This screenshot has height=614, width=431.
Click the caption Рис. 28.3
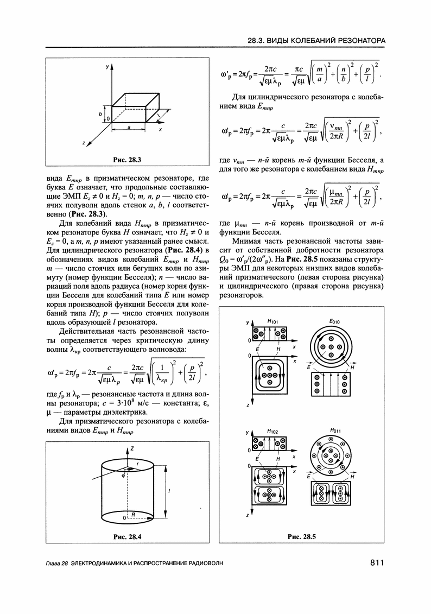tap(127, 160)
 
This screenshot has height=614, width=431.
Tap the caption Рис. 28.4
tap(127, 537)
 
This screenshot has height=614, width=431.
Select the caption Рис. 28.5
tap(302, 537)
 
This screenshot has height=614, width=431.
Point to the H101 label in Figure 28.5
tap(273, 322)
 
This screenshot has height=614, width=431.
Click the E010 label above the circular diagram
tap(334, 322)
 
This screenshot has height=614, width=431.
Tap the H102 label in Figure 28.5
tap(273, 431)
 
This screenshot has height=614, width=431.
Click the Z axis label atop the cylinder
tap(132, 448)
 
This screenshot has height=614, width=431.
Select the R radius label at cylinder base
tap(132, 512)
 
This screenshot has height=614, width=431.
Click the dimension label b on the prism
tap(100, 114)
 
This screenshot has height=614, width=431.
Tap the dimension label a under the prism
tap(129, 126)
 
